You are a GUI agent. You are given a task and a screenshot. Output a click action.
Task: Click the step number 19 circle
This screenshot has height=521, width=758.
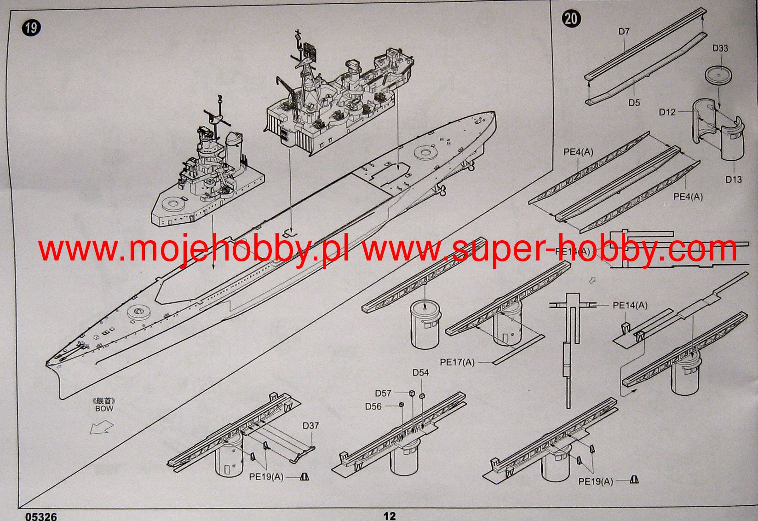tap(31, 28)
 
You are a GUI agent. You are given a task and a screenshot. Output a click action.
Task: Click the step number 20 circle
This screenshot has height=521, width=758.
tap(571, 18)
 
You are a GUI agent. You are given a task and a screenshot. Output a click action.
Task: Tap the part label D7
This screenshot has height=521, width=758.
tap(624, 32)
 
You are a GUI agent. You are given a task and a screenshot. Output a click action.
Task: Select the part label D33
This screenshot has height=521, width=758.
tap(720, 48)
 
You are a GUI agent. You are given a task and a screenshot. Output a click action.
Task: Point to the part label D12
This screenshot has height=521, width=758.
tap(667, 112)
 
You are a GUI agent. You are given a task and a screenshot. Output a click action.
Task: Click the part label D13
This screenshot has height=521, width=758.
tap(734, 179)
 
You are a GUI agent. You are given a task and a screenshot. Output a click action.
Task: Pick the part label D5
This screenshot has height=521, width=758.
tap(634, 103)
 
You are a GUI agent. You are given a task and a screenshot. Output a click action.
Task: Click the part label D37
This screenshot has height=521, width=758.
tap(310, 426)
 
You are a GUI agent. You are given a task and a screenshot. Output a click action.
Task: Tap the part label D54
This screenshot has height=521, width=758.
tap(420, 372)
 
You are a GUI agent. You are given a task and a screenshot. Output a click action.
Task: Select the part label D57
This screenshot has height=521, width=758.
tap(383, 393)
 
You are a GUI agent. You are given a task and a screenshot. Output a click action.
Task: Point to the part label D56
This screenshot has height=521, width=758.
tap(373, 406)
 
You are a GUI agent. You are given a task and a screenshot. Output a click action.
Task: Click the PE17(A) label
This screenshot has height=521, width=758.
tap(457, 362)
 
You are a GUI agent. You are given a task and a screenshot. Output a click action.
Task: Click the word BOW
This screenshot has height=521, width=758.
tap(104, 409)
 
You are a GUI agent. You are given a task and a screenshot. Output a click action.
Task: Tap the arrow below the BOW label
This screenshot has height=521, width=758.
tap(101, 428)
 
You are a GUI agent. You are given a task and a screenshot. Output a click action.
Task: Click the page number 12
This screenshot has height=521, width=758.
tap(389, 516)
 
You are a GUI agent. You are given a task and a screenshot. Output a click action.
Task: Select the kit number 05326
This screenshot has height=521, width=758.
tap(41, 516)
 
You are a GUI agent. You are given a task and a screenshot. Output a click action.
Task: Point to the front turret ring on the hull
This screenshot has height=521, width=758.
tap(139, 312)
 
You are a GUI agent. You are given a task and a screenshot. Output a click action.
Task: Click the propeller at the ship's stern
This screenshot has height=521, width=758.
tap(442, 189)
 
